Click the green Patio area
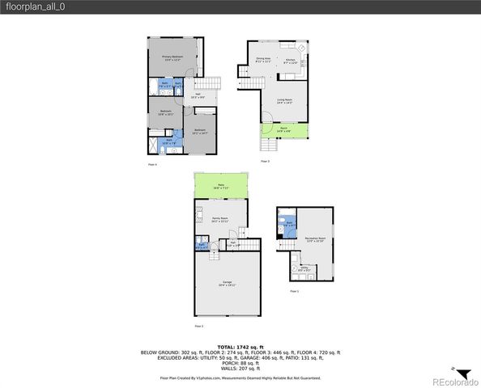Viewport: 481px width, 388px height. click(x=221, y=188)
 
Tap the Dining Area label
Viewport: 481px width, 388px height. click(x=263, y=61)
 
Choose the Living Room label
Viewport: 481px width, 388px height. click(x=284, y=101)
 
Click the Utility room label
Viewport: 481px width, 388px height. click(x=303, y=269)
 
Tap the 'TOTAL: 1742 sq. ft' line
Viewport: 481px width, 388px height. click(x=240, y=347)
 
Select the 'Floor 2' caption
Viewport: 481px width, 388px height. click(x=198, y=326)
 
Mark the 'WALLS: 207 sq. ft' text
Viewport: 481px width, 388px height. click(x=240, y=368)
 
